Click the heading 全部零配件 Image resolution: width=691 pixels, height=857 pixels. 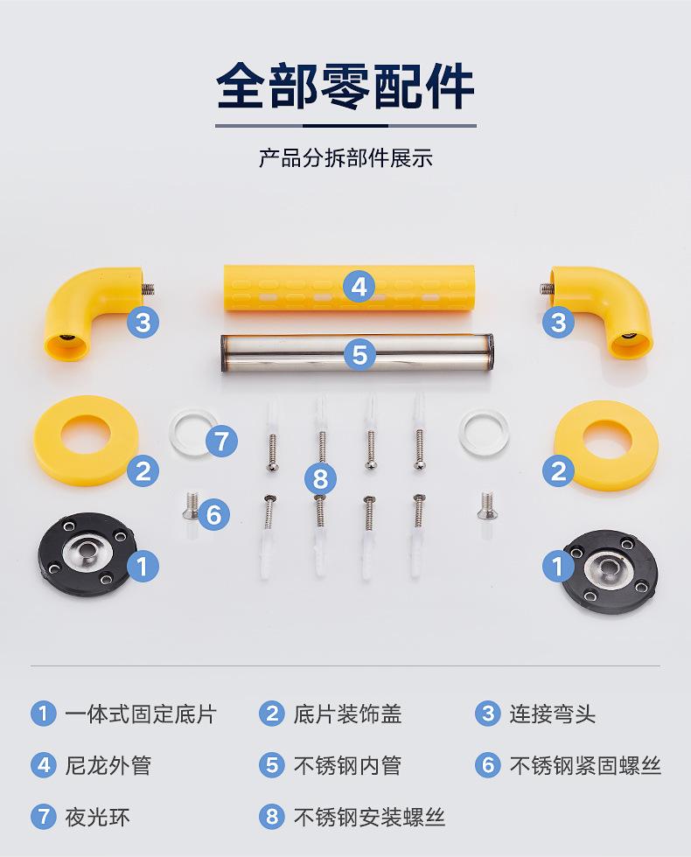(345, 87)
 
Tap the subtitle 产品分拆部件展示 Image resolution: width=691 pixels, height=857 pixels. (345, 158)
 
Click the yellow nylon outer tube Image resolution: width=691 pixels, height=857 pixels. (349, 288)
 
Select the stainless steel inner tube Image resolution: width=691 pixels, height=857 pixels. (358, 354)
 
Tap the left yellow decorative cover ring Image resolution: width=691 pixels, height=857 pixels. (86, 440)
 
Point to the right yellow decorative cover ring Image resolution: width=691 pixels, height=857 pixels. (605, 445)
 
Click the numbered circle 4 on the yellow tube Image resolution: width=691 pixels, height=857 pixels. (359, 287)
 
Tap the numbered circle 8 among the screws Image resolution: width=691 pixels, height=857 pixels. (320, 479)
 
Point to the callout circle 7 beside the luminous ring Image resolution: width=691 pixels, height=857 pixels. (221, 441)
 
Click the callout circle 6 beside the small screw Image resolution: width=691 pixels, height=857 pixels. (213, 514)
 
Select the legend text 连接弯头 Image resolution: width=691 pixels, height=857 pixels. (553, 714)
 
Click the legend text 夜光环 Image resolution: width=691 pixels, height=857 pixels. (97, 817)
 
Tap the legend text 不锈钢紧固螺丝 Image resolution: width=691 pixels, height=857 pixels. (585, 765)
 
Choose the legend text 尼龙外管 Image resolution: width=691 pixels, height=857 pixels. (108, 765)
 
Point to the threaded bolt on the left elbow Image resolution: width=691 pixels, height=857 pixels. (147, 288)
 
